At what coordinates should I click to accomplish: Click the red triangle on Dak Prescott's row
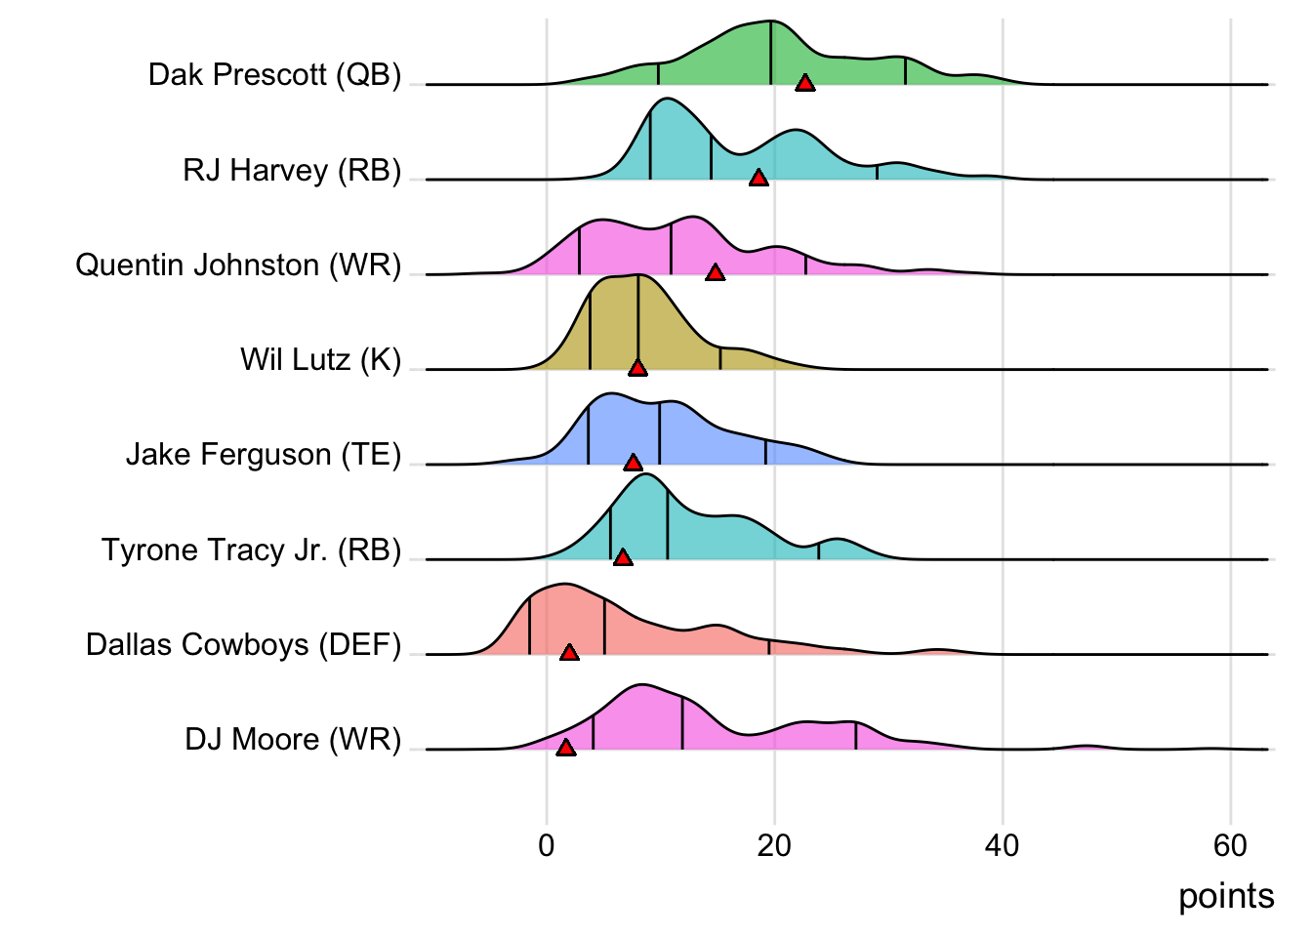tap(804, 83)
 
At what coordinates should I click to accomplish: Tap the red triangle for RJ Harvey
tap(758, 178)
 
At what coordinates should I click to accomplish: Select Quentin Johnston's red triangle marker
tap(716, 272)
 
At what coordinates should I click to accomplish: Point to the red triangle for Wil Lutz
tap(637, 368)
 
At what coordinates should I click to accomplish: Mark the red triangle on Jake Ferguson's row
tap(633, 463)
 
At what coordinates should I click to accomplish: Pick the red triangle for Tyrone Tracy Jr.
tap(623, 557)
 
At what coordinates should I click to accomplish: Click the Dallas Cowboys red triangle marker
tap(569, 652)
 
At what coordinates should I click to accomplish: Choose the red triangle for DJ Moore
tap(566, 748)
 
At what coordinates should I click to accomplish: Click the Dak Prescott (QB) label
tap(274, 75)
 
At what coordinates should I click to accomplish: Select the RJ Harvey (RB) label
tap(292, 171)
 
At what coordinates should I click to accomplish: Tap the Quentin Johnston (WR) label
tap(238, 265)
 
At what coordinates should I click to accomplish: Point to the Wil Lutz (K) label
tap(320, 360)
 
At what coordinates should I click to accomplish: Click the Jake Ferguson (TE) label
tap(264, 455)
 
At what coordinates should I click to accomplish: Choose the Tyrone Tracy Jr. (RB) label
tap(251, 550)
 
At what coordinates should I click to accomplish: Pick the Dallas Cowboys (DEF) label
tap(243, 645)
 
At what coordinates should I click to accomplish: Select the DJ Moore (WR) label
tap(293, 740)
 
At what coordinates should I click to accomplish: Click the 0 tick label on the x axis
tap(547, 845)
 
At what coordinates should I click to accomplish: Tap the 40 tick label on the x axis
tap(1003, 845)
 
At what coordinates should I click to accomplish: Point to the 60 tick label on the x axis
tap(1230, 845)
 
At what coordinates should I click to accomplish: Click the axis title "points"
tap(1226, 896)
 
